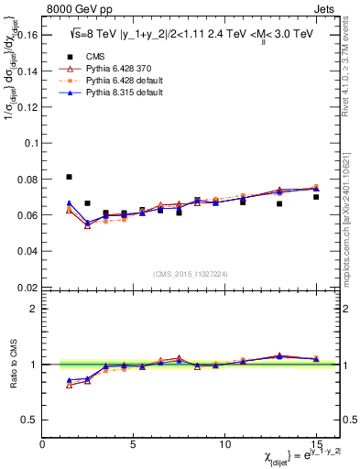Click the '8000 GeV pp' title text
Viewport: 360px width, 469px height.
click(x=74, y=8)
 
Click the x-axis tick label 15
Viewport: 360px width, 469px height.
click(x=315, y=444)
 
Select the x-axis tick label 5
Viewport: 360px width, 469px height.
click(x=134, y=444)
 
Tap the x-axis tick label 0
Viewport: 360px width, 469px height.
click(x=42, y=444)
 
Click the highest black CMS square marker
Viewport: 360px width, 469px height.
click(x=70, y=177)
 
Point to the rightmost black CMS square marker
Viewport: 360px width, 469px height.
click(x=316, y=197)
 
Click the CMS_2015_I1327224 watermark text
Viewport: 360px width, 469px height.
click(x=190, y=273)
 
